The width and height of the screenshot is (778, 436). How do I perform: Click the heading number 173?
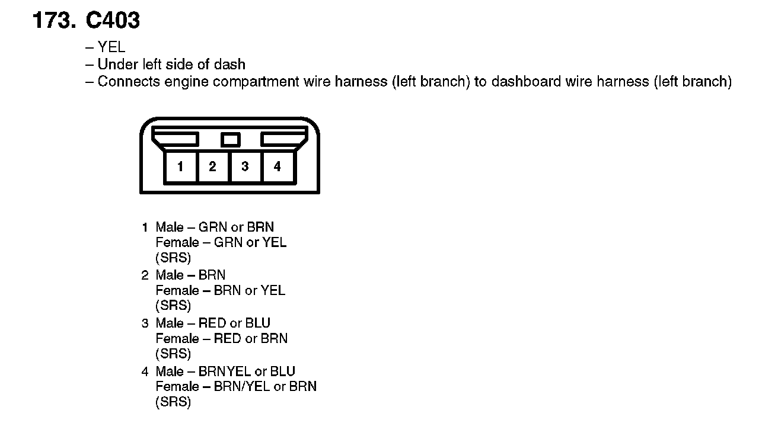click(x=54, y=21)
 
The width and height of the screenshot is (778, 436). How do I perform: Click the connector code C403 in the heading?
click(x=113, y=21)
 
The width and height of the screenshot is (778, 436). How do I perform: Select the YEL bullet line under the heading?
click(x=111, y=47)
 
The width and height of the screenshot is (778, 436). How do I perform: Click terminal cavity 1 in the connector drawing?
click(x=180, y=167)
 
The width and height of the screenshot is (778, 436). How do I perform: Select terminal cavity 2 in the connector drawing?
click(x=212, y=167)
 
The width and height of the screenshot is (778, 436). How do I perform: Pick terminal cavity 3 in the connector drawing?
click(x=245, y=167)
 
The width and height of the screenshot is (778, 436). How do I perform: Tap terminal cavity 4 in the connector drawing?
click(x=277, y=167)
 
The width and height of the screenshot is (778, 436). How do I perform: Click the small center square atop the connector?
click(x=230, y=140)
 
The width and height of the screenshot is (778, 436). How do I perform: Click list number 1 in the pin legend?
click(x=145, y=227)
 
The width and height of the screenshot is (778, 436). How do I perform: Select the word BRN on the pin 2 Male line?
click(x=212, y=275)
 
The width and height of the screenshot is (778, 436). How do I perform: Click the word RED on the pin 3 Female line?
click(x=228, y=339)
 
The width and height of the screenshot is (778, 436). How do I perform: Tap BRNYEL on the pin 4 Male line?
click(x=225, y=372)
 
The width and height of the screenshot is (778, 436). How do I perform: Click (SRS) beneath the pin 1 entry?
click(x=173, y=258)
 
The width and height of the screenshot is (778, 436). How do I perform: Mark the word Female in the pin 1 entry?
click(x=177, y=242)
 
